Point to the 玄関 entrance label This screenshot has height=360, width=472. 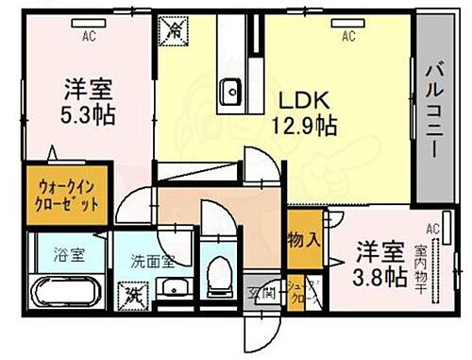tap(260, 293)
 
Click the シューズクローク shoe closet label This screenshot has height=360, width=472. tap(298, 292)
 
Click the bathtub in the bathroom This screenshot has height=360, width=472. tap(59, 290)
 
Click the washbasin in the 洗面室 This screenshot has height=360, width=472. tap(173, 287)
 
